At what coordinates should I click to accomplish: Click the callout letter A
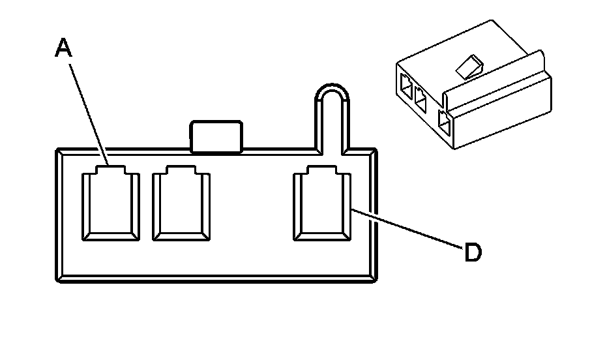63,48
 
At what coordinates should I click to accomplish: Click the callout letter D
473,252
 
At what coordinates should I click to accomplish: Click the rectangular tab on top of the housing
216,136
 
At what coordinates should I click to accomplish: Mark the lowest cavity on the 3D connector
445,123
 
